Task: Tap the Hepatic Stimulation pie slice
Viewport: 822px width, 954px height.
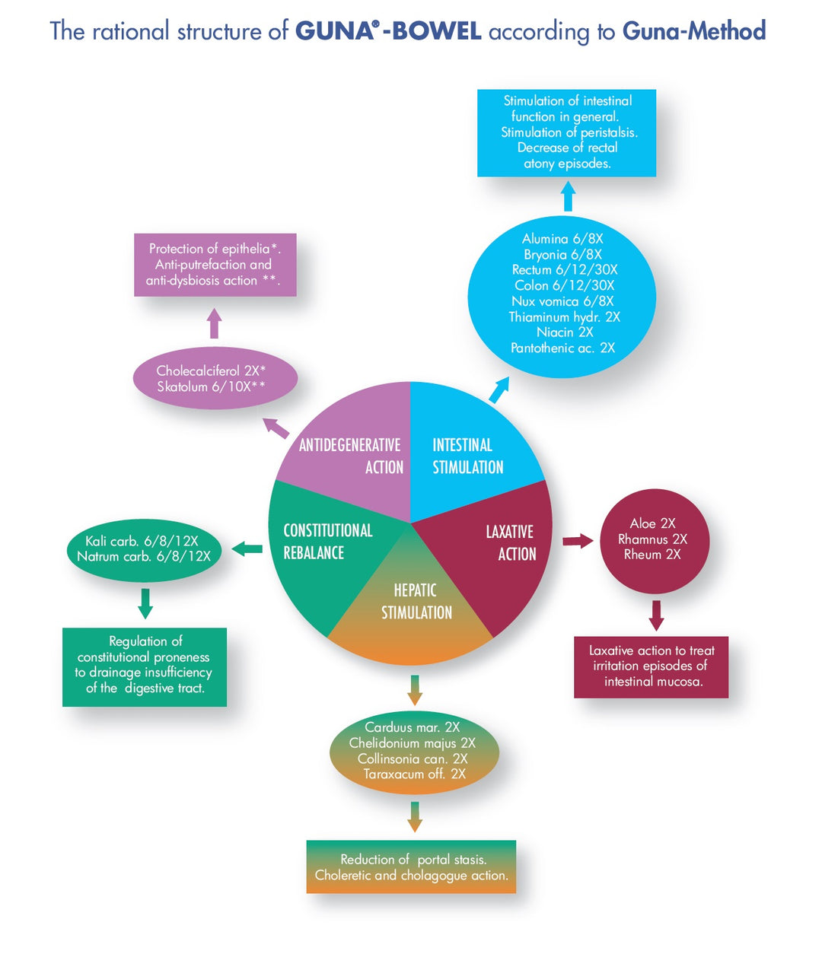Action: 416,609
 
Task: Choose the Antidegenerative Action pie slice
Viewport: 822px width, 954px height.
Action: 358,456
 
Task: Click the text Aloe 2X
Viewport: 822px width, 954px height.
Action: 652,523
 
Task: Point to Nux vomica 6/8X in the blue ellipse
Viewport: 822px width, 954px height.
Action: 562,301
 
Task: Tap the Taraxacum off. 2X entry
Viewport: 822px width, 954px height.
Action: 414,774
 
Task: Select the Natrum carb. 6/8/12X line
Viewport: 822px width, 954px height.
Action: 144,557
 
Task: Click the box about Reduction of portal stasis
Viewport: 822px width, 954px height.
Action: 411,867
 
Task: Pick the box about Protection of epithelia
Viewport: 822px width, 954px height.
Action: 215,265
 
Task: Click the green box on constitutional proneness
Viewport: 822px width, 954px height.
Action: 144,666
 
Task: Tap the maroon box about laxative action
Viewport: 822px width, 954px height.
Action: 651,666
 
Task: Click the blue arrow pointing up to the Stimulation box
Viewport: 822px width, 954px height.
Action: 568,198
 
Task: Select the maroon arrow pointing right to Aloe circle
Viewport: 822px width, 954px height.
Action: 578,541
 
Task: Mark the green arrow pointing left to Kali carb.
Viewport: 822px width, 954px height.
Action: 247,548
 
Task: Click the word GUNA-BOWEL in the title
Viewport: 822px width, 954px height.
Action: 388,31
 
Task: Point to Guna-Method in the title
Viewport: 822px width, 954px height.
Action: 693,31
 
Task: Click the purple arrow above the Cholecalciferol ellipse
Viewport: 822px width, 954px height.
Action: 215,323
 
